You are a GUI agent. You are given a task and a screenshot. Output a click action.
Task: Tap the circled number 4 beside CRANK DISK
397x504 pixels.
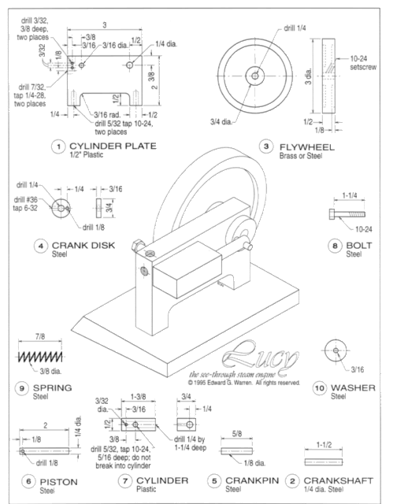point(39,246)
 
